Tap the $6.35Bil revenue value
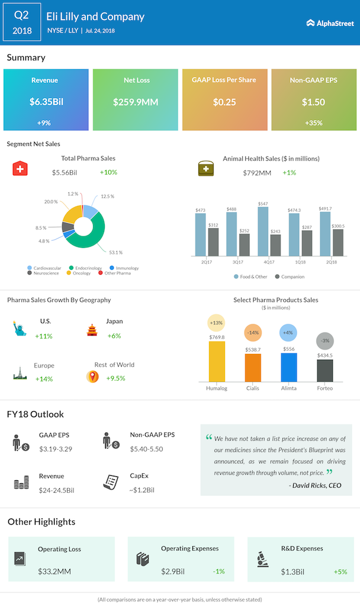click(x=46, y=102)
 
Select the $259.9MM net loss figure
click(x=136, y=102)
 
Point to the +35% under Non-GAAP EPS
click(x=313, y=123)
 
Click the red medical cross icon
click(x=21, y=168)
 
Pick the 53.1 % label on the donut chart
click(x=116, y=252)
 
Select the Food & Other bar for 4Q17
click(x=263, y=231)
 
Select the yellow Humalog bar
click(x=217, y=361)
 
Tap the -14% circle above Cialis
click(x=253, y=333)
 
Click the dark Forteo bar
click(x=324, y=370)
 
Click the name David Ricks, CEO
click(x=316, y=485)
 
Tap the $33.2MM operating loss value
click(x=55, y=572)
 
